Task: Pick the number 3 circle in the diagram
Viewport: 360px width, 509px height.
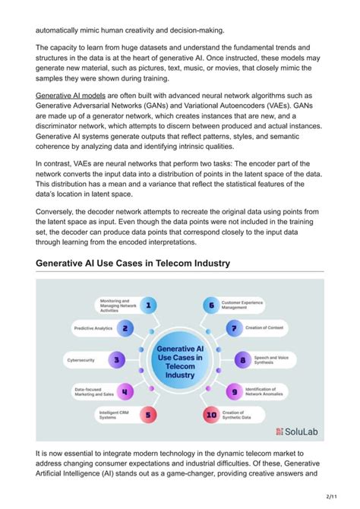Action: pos(116,359)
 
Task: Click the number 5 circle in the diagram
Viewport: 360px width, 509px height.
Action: pos(150,415)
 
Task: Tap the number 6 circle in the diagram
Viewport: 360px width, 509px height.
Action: pos(210,305)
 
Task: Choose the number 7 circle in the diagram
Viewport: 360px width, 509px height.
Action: pos(234,328)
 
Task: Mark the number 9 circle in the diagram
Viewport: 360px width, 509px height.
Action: pos(234,391)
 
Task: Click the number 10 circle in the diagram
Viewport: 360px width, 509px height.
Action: pos(210,415)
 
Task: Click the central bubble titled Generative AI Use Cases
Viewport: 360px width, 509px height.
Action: pos(179,359)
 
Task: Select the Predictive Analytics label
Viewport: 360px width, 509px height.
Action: pos(93,328)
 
